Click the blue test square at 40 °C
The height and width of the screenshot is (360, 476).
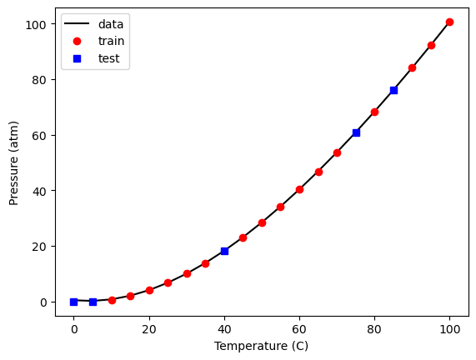click(224, 251)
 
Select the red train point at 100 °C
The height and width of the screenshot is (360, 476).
click(449, 22)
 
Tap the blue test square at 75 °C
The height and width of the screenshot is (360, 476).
click(356, 132)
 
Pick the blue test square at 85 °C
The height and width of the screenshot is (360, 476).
click(393, 90)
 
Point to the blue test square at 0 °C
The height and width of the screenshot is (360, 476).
click(73, 302)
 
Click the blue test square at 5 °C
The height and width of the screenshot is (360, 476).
click(93, 302)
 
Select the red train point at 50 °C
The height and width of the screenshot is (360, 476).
click(262, 222)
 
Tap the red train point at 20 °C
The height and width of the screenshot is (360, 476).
click(149, 290)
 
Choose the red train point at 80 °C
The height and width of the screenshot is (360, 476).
click(374, 112)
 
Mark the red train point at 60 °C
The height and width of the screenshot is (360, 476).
click(299, 189)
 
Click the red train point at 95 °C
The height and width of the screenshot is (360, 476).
click(431, 46)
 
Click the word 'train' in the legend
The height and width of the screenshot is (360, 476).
click(111, 41)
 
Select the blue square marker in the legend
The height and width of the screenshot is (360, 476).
click(77, 58)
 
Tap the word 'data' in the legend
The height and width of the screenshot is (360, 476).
click(111, 24)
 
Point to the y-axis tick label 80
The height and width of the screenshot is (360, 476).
click(39, 80)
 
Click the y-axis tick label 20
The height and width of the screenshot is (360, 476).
click(39, 247)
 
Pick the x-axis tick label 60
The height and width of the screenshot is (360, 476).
click(299, 329)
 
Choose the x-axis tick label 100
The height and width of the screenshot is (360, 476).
click(449, 329)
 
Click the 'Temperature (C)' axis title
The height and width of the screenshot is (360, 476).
click(262, 346)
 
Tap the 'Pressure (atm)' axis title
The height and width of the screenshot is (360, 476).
click(13, 163)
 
